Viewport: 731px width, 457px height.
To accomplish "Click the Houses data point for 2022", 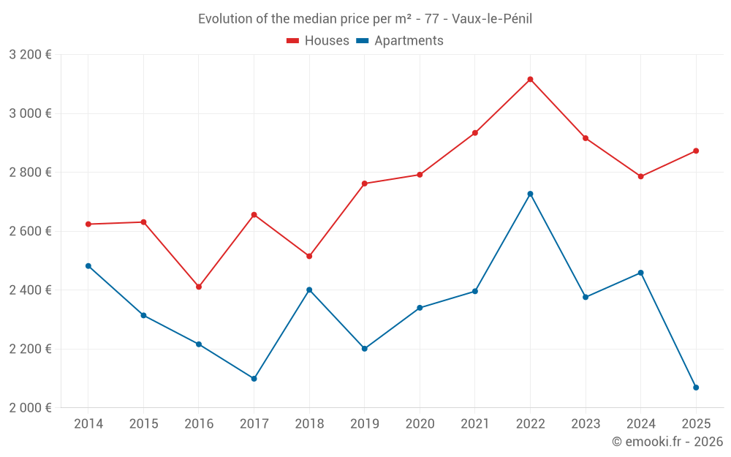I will pos(530,79).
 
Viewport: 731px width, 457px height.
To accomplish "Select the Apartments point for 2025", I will pos(696,388).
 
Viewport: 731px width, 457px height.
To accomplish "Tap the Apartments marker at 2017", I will pos(254,379).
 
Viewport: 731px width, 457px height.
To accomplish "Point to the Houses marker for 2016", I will pos(199,287).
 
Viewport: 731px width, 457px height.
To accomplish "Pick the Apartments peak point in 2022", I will pos(530,194).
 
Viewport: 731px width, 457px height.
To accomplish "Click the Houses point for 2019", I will pos(365,184).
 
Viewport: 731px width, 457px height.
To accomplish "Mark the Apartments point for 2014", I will pos(88,266).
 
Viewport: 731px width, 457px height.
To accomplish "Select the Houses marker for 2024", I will pos(641,176).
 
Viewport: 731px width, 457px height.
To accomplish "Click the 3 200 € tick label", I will pos(30,55).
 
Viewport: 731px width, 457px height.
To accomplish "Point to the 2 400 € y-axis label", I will pos(30,290).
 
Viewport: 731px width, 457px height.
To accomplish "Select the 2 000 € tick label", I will pos(30,408).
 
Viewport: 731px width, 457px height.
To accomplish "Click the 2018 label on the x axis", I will pos(309,424).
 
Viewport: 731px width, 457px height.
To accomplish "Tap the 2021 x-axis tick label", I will pos(475,424).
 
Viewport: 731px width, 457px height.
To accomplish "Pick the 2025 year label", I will pos(696,424).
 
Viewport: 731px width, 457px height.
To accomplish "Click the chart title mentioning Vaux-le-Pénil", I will pos(365,19).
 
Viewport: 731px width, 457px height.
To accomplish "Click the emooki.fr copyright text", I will pos(667,442).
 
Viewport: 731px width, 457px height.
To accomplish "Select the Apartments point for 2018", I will pos(309,290).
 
